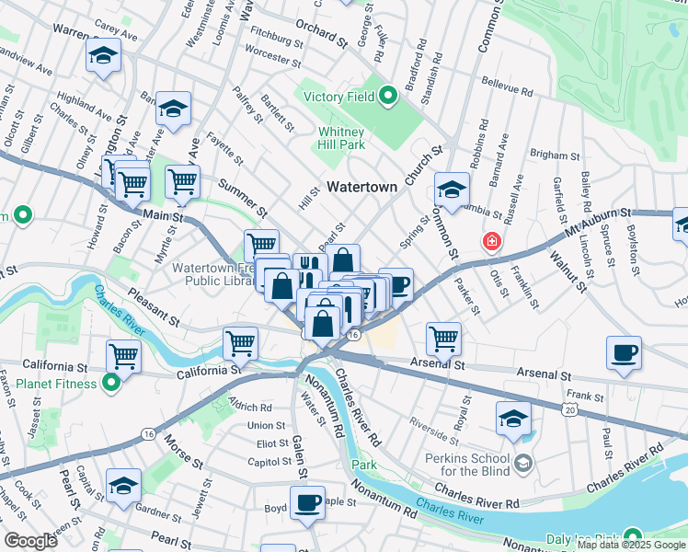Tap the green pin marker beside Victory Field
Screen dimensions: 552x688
coord(388,93)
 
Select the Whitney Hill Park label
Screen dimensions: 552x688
coord(342,138)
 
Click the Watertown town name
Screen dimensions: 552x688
coord(362,187)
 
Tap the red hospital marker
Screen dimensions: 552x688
coord(492,242)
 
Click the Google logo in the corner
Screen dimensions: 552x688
coord(29,541)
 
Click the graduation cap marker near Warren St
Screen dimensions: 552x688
coord(103,57)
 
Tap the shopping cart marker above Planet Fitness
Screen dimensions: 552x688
coord(123,356)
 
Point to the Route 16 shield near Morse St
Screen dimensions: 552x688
coord(147,432)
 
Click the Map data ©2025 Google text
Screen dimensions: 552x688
coord(630,545)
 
